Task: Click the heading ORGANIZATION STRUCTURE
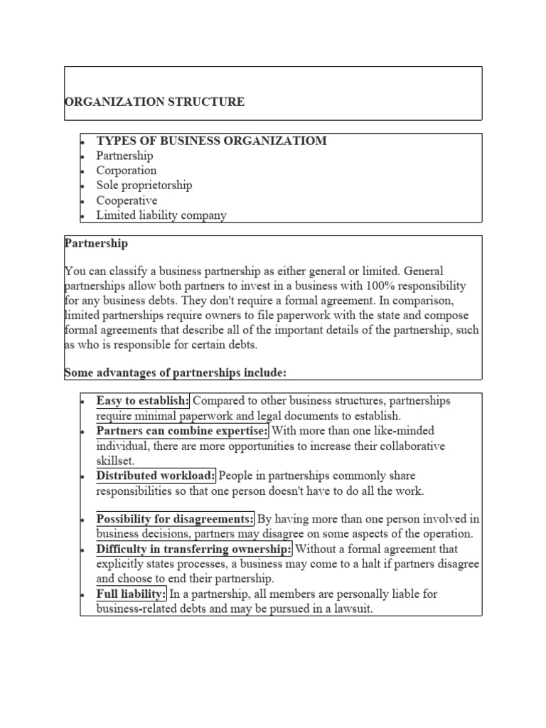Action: click(154, 102)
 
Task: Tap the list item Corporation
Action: click(127, 171)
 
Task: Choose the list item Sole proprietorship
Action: click(144, 186)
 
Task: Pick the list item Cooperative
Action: click(127, 200)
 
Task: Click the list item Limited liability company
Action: click(161, 215)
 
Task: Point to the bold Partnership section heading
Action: click(96, 243)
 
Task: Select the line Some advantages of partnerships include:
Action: click(175, 373)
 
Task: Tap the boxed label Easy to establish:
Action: click(143, 401)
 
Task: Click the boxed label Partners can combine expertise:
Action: click(183, 431)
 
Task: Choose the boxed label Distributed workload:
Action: click(156, 475)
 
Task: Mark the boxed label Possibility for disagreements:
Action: click(175, 519)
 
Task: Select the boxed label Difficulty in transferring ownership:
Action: click(194, 549)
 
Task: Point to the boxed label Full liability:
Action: click(132, 593)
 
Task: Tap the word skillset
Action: click(115, 461)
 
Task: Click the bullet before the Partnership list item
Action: click(82, 156)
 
